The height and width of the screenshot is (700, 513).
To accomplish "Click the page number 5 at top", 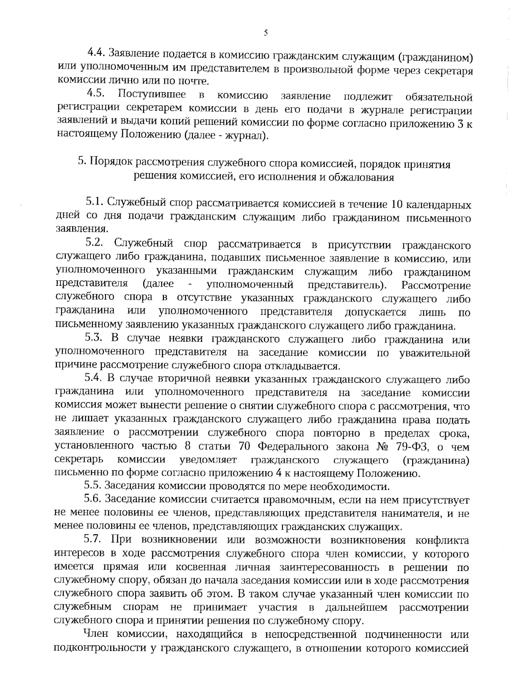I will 265,33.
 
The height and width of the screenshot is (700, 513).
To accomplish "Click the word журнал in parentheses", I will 248,135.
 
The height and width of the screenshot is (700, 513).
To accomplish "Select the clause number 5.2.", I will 95,243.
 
